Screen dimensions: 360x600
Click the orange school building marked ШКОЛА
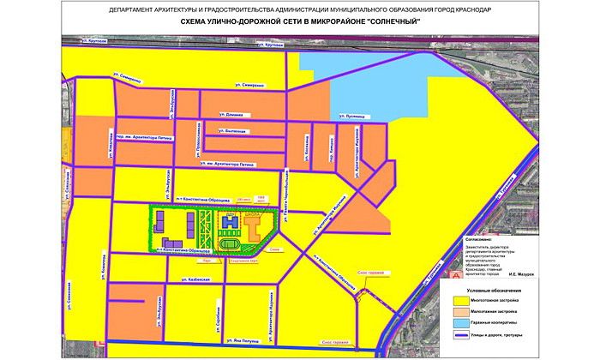255,227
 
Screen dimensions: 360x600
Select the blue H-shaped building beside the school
229,223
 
